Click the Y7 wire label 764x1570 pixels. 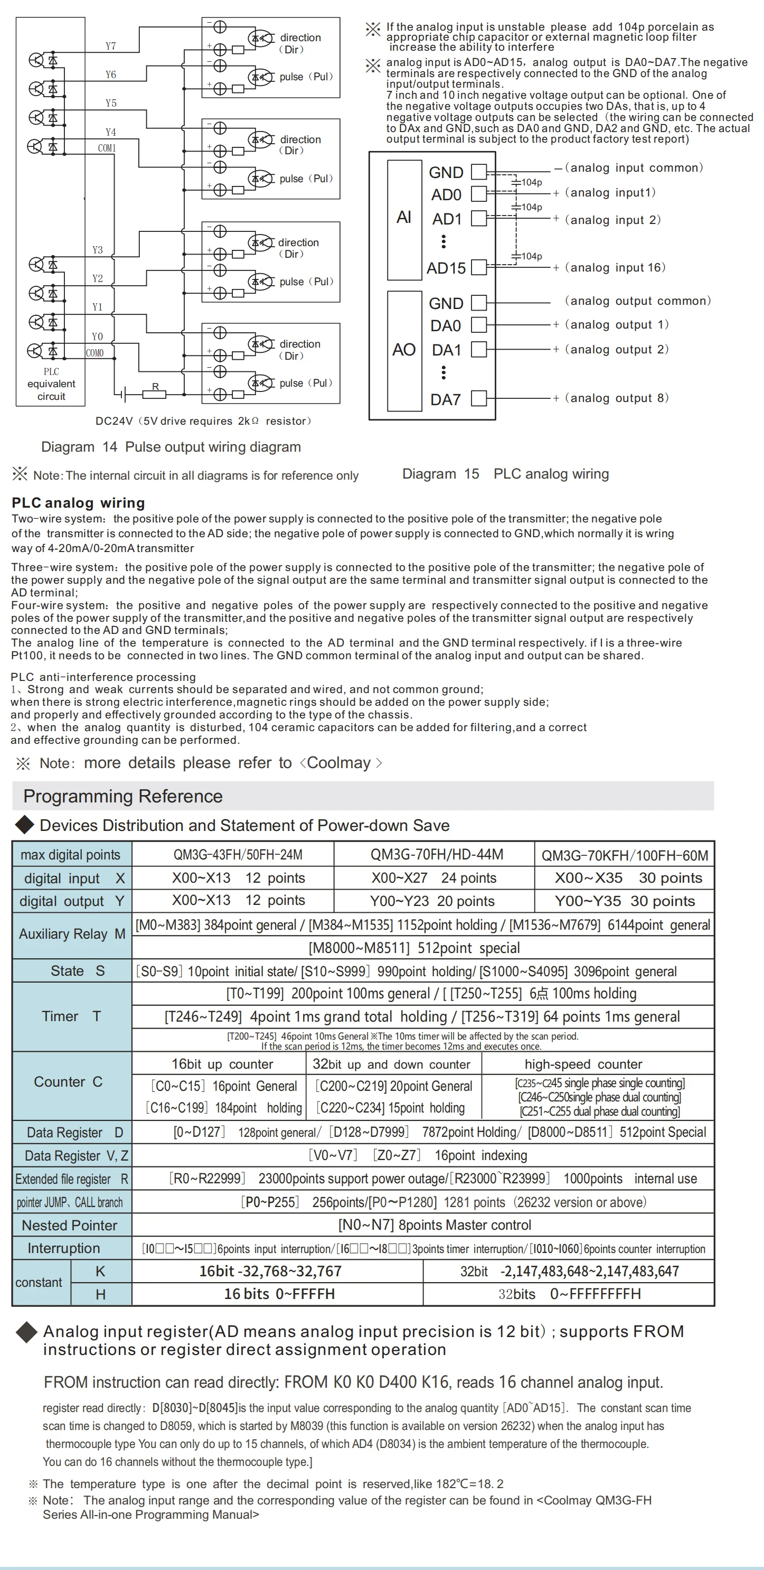[x=110, y=46]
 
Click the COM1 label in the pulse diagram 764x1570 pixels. [x=107, y=148]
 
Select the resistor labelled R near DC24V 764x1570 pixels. [x=155, y=394]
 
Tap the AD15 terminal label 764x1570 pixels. [x=446, y=268]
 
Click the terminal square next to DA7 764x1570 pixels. [x=479, y=399]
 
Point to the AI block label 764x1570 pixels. [x=404, y=218]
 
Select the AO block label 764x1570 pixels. [x=404, y=350]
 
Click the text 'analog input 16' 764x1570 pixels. [x=615, y=267]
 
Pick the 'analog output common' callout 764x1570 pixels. [x=637, y=301]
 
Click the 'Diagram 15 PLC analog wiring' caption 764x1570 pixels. [x=505, y=474]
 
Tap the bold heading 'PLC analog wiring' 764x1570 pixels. [x=78, y=503]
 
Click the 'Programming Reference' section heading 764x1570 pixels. [x=122, y=796]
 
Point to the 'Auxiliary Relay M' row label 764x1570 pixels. [x=72, y=934]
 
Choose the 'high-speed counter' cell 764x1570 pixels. [x=583, y=1064]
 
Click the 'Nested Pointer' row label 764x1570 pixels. [x=70, y=1225]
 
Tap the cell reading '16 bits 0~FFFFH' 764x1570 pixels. [x=279, y=1294]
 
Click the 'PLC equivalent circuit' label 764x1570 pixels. [x=51, y=384]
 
